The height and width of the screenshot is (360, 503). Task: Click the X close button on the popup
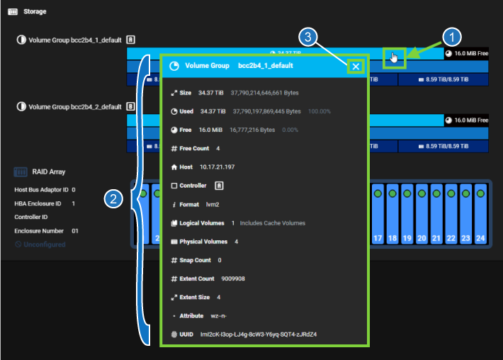pyautogui.click(x=356, y=67)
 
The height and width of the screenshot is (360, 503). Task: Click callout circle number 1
pyautogui.click(x=453, y=37)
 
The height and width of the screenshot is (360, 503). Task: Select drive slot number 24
pyautogui.click(x=480, y=213)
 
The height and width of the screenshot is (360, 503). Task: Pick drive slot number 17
pyautogui.click(x=378, y=213)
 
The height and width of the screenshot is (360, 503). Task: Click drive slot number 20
pyautogui.click(x=422, y=213)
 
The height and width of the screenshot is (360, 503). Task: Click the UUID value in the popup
pyautogui.click(x=259, y=334)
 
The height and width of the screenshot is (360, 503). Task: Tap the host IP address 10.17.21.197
pyautogui.click(x=217, y=167)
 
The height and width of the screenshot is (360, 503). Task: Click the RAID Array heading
pyautogui.click(x=49, y=171)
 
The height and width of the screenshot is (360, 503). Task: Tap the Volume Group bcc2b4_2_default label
pyautogui.click(x=74, y=107)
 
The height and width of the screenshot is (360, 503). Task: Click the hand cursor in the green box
pyautogui.click(x=394, y=57)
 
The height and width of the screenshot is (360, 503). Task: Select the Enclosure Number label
pyautogui.click(x=40, y=231)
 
